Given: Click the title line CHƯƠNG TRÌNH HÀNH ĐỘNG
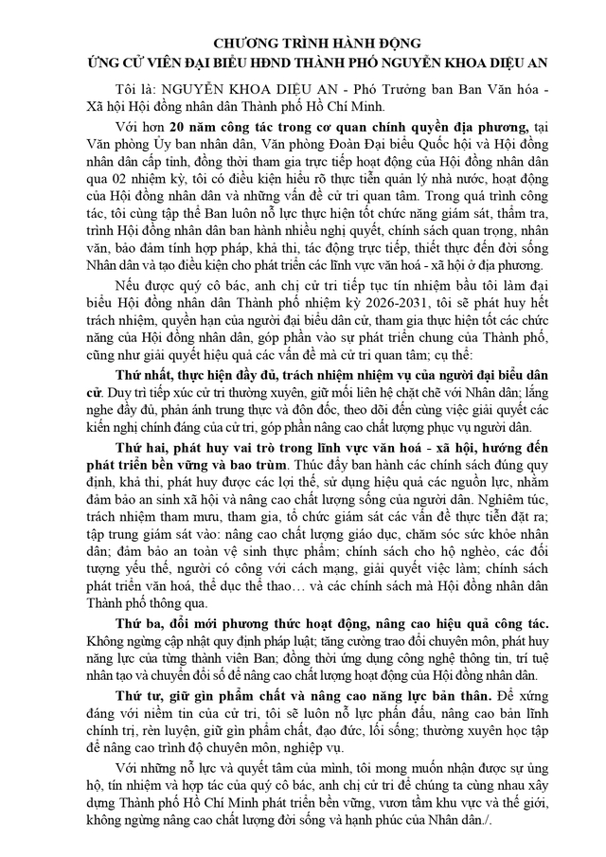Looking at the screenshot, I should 303,44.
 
